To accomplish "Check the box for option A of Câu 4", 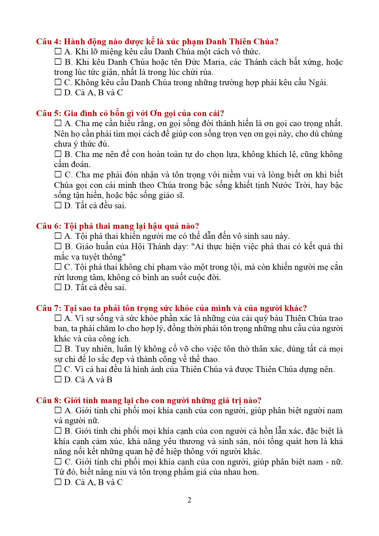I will click(58, 51).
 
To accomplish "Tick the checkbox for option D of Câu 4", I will click(58, 92).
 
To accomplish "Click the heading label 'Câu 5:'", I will click(49, 113).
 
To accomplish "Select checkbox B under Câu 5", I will click(58, 154).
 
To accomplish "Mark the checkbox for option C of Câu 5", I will click(58, 174).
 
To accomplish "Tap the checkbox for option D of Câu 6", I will click(58, 287).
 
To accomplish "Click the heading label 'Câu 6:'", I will click(49, 226).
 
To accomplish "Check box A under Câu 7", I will click(58, 318).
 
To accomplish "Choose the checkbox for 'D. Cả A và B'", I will click(58, 379).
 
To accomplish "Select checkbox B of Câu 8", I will click(58, 431).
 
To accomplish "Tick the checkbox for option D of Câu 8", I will click(58, 482).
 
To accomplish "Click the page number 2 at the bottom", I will click(189, 500).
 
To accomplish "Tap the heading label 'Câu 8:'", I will click(49, 400).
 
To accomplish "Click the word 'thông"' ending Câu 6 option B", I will click(114, 257).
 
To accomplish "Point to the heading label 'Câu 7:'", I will click(49, 308).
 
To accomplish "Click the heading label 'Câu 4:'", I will click(49, 42).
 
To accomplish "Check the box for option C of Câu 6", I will click(58, 267).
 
